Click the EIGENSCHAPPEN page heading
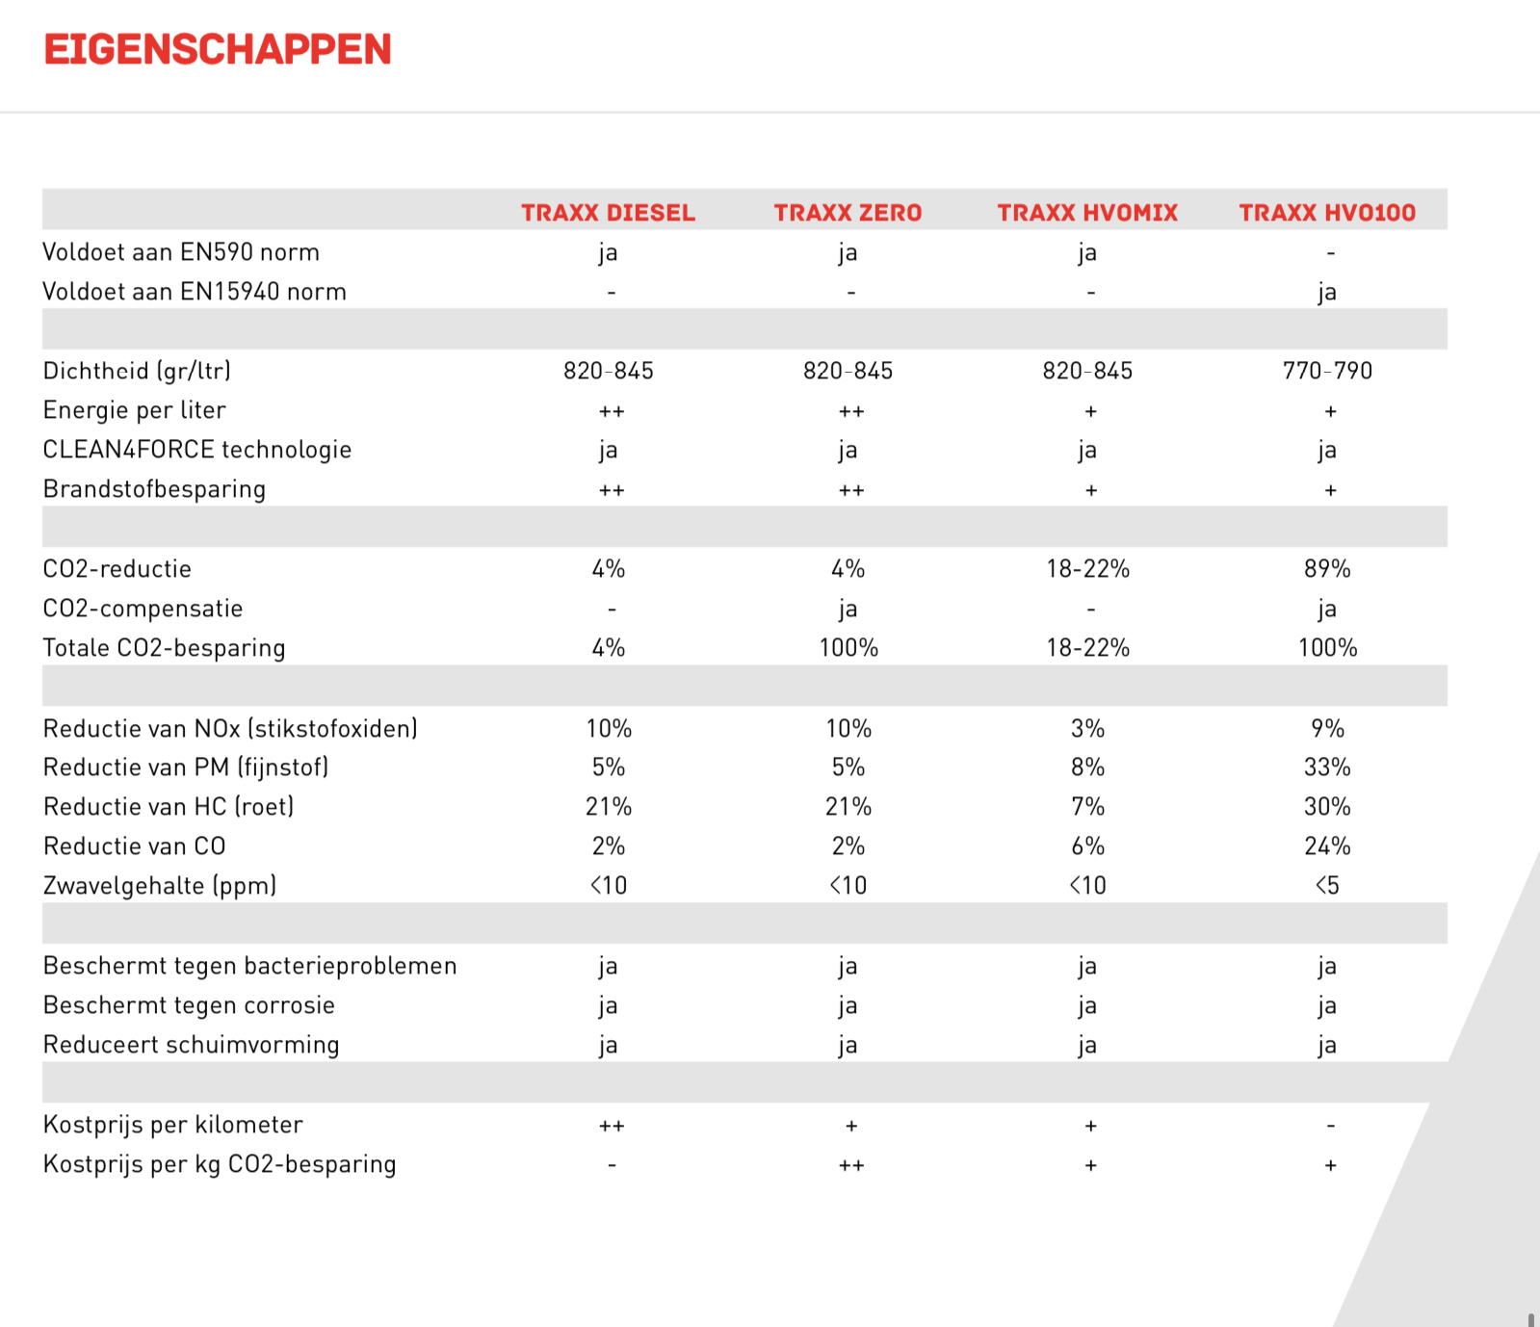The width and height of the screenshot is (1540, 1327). click(x=218, y=50)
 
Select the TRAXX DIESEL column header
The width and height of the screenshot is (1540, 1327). click(x=608, y=213)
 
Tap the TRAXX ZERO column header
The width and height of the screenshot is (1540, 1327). click(x=848, y=213)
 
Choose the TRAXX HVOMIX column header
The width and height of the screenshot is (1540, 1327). click(x=1087, y=213)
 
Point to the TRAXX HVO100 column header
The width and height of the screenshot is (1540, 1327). click(x=1327, y=213)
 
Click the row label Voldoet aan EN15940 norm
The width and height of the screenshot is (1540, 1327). click(x=195, y=292)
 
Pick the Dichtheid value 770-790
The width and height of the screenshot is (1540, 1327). click(x=1327, y=371)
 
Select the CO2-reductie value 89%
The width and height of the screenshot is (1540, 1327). click(x=1327, y=569)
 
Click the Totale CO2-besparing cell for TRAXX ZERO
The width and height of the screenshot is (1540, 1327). click(x=848, y=648)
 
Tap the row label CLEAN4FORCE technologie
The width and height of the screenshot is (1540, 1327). click(x=197, y=450)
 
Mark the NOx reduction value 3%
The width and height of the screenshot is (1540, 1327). click(x=1087, y=729)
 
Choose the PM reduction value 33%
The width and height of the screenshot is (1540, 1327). click(x=1327, y=768)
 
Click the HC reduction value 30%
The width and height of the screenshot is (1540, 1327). click(x=1327, y=807)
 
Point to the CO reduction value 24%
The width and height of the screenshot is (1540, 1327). click(x=1327, y=846)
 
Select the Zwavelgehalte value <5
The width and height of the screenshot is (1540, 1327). click(x=1327, y=886)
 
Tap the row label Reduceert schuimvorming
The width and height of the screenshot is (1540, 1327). click(x=192, y=1045)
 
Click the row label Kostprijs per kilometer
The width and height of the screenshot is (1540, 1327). click(x=173, y=1125)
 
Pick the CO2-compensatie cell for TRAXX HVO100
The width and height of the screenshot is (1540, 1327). click(x=1327, y=610)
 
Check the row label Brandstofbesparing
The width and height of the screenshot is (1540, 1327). click(x=154, y=489)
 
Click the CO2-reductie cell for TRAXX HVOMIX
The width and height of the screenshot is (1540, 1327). click(x=1087, y=569)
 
